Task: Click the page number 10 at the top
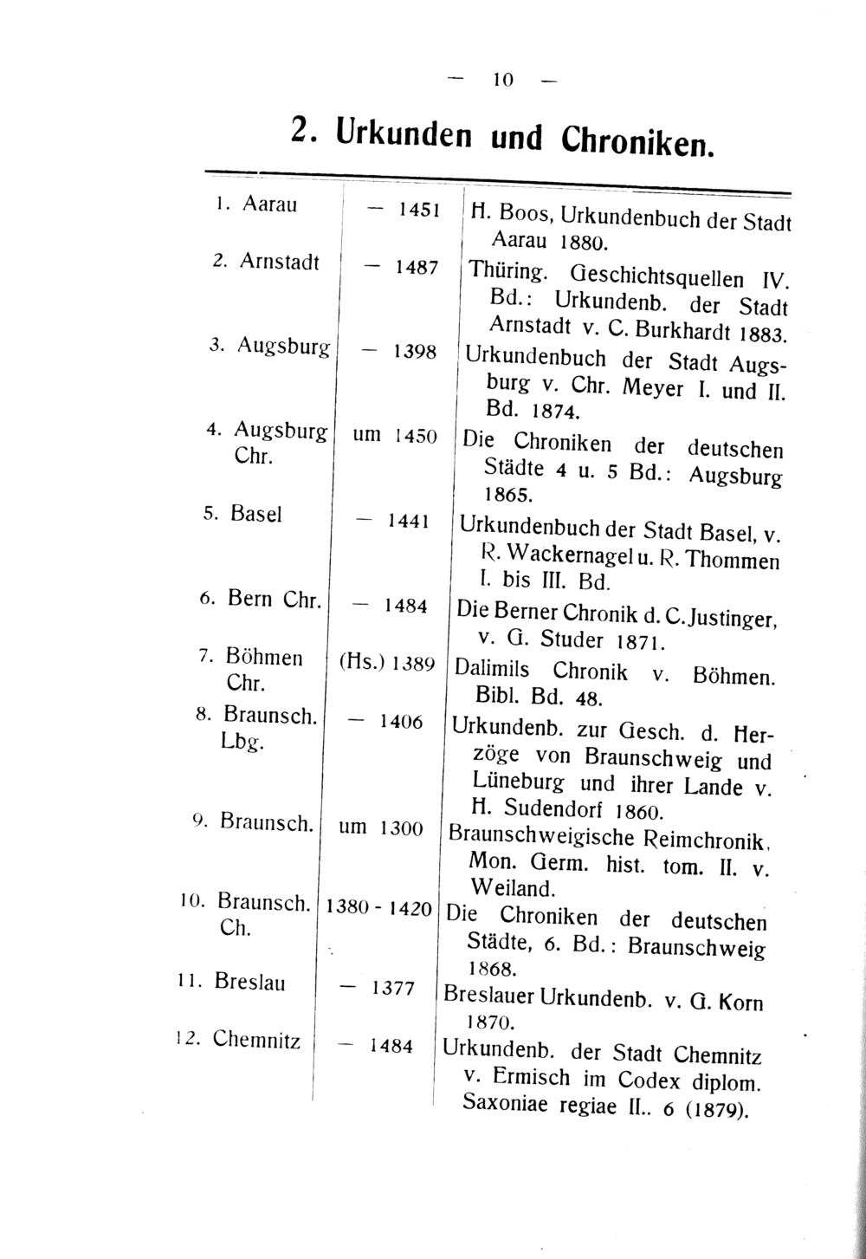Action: coord(502,80)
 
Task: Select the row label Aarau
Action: coord(269,204)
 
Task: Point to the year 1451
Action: coord(419,210)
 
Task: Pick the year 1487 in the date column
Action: coord(416,269)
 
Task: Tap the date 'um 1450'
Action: coord(394,435)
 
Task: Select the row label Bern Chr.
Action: coord(275,599)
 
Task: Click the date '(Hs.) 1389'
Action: coord(386,663)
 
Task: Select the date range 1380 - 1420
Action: coord(377,909)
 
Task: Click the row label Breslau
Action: coord(249,983)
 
